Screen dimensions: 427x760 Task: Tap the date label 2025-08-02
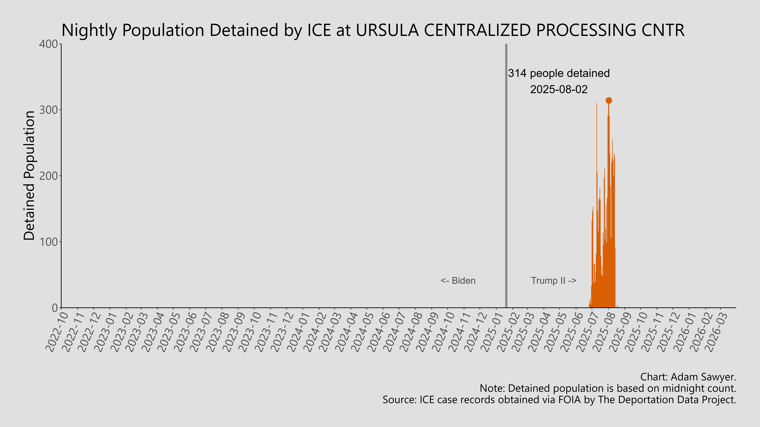click(x=559, y=89)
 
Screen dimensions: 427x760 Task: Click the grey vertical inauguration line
click(x=506, y=177)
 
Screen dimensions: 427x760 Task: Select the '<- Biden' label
click(x=458, y=281)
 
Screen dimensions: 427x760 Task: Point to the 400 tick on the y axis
click(x=49, y=44)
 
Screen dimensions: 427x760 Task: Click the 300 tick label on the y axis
click(x=49, y=110)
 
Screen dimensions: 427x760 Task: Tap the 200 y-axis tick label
click(x=49, y=176)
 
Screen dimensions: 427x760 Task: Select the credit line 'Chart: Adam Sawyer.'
click(x=688, y=377)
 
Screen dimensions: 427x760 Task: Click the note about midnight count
click(x=608, y=388)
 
